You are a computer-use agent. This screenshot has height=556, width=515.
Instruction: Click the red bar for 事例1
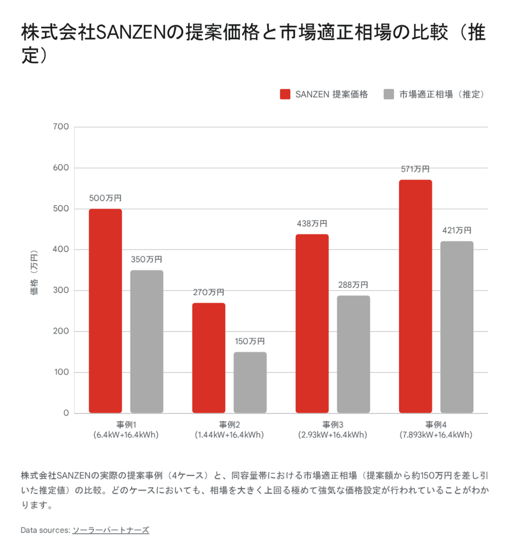point(105,311)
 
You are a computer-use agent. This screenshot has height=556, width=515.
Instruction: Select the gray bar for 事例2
point(250,382)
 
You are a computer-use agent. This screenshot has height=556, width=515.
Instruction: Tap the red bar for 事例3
point(312,323)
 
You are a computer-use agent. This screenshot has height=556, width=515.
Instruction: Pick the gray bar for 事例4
point(456,327)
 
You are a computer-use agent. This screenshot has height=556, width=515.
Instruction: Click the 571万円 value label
point(415,169)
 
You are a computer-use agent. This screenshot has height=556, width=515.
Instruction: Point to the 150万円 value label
point(250,342)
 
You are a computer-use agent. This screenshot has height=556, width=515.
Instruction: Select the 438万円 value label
point(312,224)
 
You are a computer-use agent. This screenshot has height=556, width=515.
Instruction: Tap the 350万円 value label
point(146,260)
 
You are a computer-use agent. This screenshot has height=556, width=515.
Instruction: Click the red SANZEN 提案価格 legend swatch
point(285,94)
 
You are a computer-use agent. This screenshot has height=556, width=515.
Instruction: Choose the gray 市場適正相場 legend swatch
point(388,94)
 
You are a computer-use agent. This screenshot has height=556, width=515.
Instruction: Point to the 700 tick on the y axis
point(62,127)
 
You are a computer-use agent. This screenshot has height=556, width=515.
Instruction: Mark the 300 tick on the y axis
point(62,290)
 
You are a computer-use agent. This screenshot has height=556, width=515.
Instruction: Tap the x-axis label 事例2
point(229,425)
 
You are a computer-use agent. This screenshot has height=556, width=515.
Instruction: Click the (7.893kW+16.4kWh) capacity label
point(436,435)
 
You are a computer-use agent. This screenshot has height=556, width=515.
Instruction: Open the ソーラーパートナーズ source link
point(111,530)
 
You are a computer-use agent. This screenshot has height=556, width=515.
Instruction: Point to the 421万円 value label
point(456,230)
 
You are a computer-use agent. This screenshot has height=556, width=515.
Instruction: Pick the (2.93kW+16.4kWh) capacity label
point(332,435)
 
